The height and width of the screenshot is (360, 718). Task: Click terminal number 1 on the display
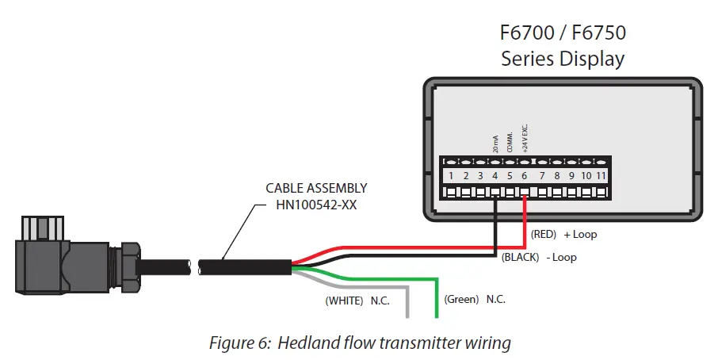click(450, 175)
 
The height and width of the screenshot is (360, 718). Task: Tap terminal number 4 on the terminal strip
click(495, 175)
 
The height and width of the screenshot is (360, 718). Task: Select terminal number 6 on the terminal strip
click(525, 175)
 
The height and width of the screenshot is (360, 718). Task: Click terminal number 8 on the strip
click(556, 175)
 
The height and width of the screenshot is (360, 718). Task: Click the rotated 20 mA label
click(495, 143)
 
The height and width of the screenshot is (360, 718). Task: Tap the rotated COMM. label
click(510, 141)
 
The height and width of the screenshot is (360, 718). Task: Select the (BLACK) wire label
click(519, 258)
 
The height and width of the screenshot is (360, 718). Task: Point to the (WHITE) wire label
click(344, 301)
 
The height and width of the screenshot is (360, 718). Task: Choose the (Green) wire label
click(461, 300)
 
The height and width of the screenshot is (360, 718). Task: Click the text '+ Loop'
click(580, 235)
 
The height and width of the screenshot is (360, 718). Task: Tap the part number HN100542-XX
click(316, 204)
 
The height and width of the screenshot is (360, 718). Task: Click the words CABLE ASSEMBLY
click(316, 189)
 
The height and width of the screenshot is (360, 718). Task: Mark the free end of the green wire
click(436, 316)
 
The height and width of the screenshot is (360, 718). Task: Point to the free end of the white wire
click(407, 316)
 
